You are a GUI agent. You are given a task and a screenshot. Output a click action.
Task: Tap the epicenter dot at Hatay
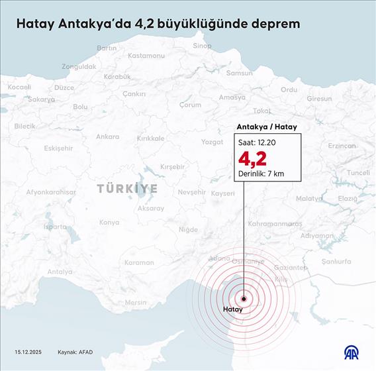tap(244, 298)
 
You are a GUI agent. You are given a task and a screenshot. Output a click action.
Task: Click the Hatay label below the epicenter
tap(233, 309)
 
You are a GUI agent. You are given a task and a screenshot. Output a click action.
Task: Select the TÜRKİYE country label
tap(128, 189)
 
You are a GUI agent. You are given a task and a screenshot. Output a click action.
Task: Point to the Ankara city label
tap(107, 136)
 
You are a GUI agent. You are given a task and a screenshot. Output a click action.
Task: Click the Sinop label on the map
tap(202, 46)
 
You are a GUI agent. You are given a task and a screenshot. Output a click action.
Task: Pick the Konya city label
tap(109, 223)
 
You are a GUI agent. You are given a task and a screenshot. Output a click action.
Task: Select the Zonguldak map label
tap(79, 67)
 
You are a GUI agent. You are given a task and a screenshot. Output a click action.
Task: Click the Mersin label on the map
tap(136, 302)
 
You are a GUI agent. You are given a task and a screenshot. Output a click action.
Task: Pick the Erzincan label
tap(342, 146)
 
